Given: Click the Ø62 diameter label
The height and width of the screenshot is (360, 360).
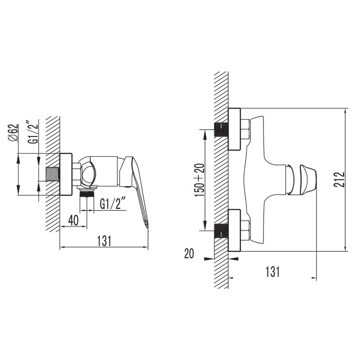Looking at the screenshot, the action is (14, 133).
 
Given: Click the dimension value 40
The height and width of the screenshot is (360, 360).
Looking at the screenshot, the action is (73, 220).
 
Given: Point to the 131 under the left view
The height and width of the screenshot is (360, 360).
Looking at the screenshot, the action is (104, 241).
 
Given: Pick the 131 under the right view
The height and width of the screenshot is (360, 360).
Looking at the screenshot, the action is (273, 272).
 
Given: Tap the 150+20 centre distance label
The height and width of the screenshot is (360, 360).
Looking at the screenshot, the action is (199, 180).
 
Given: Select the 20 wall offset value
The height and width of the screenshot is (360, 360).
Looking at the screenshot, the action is (189, 254).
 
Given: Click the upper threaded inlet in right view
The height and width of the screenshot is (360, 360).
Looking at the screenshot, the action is (221, 130).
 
